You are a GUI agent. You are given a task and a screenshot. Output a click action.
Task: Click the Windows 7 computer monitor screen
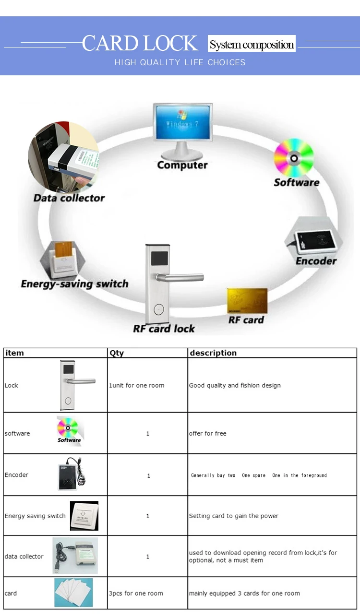(x=183, y=122)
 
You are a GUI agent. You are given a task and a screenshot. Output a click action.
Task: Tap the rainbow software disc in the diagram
(x=294, y=158)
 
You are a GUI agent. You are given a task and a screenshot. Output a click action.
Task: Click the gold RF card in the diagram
(x=247, y=301)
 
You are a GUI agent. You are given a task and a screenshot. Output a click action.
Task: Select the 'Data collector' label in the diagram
(x=69, y=198)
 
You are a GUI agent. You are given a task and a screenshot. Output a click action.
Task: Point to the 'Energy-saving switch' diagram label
(x=74, y=284)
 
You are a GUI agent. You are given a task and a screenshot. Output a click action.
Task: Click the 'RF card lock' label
(x=164, y=329)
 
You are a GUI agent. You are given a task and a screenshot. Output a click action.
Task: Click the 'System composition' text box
(x=252, y=44)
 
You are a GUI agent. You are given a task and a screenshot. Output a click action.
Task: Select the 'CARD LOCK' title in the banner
(x=140, y=43)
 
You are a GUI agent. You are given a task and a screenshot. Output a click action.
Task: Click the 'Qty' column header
(x=117, y=353)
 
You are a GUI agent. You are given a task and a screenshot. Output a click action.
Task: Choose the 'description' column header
(x=213, y=353)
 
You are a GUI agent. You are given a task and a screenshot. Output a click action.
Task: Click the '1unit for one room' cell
(x=136, y=385)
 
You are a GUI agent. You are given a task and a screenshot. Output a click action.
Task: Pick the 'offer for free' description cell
(x=207, y=433)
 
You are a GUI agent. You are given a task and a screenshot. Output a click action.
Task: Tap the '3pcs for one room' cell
(x=136, y=593)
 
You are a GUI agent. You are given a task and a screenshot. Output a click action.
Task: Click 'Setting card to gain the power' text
(x=234, y=516)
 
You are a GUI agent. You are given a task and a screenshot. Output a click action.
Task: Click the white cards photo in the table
(x=73, y=592)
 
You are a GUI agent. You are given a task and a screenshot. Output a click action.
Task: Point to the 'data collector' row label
(x=24, y=557)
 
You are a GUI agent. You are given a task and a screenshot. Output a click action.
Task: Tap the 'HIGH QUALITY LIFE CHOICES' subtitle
(x=180, y=62)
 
